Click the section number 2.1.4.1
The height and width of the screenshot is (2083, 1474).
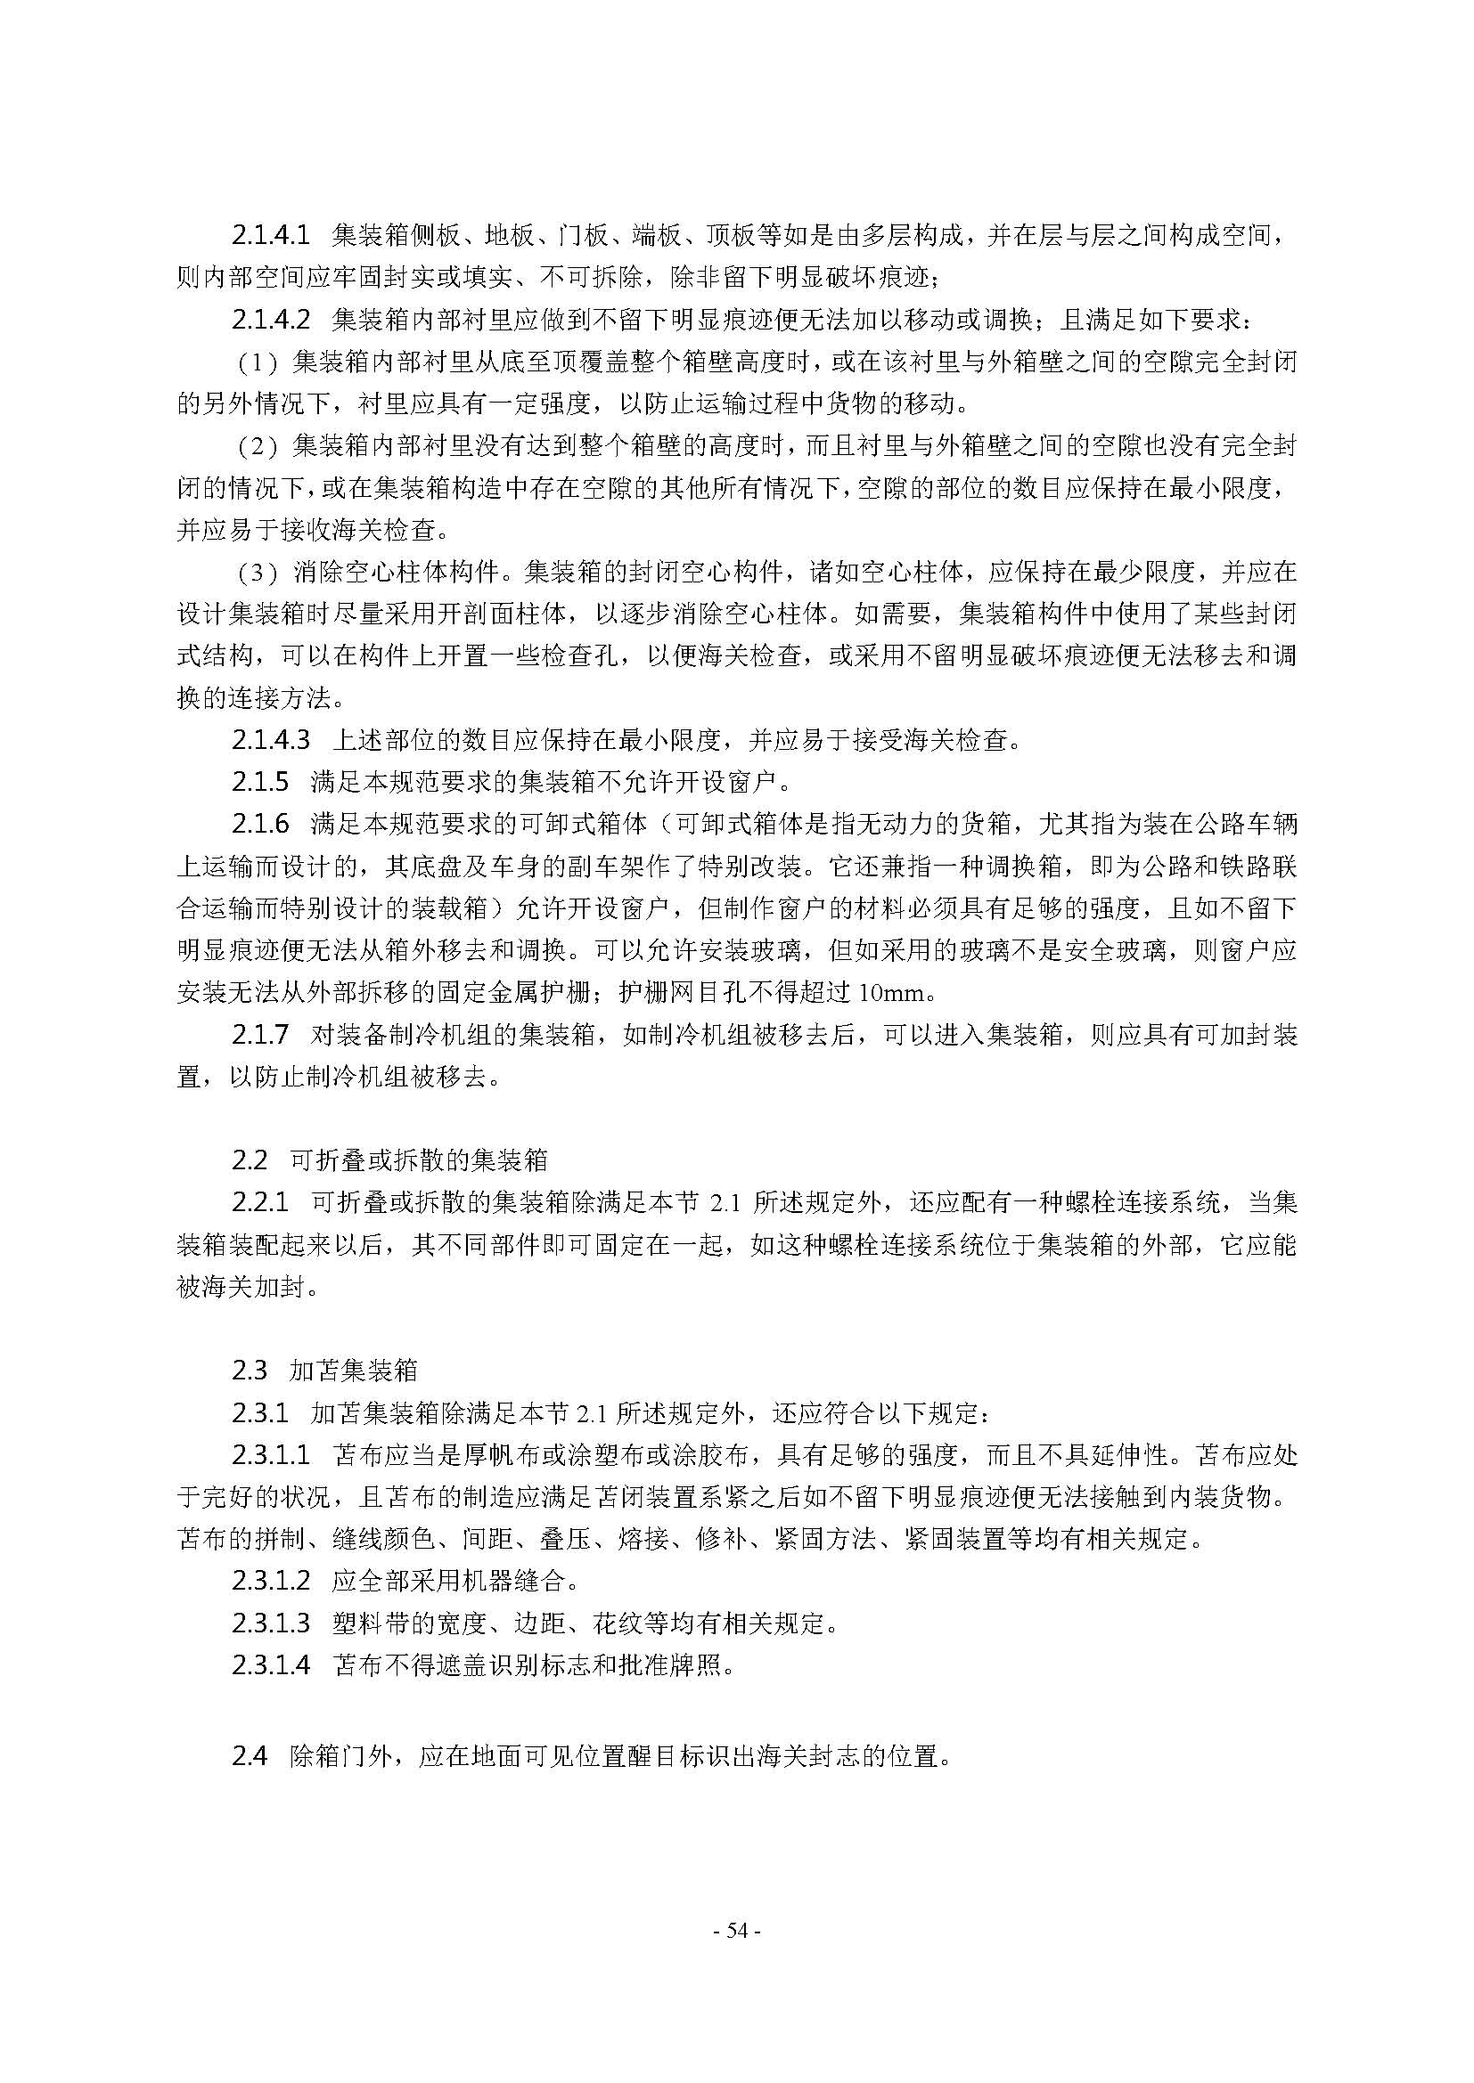tap(271, 236)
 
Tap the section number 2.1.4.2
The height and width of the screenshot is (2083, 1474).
tap(271, 321)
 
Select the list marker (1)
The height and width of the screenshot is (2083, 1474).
tap(256, 362)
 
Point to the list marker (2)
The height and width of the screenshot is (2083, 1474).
tap(256, 446)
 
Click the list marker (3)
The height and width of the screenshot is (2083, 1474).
tap(256, 573)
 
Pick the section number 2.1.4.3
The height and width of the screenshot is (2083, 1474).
tap(271, 740)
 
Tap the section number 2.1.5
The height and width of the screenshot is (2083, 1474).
tap(259, 782)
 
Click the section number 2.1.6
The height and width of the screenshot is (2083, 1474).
tap(259, 824)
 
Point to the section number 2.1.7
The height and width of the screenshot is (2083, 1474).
tap(259, 1034)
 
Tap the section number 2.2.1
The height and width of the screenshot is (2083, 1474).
tap(259, 1203)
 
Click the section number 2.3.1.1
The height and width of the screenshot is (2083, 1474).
tap(271, 1455)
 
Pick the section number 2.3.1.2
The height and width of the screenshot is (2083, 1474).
tap(271, 1583)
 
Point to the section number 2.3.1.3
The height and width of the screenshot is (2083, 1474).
tap(271, 1624)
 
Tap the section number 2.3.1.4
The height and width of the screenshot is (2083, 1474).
tap(271, 1665)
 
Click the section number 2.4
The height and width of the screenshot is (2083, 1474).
tap(249, 1756)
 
